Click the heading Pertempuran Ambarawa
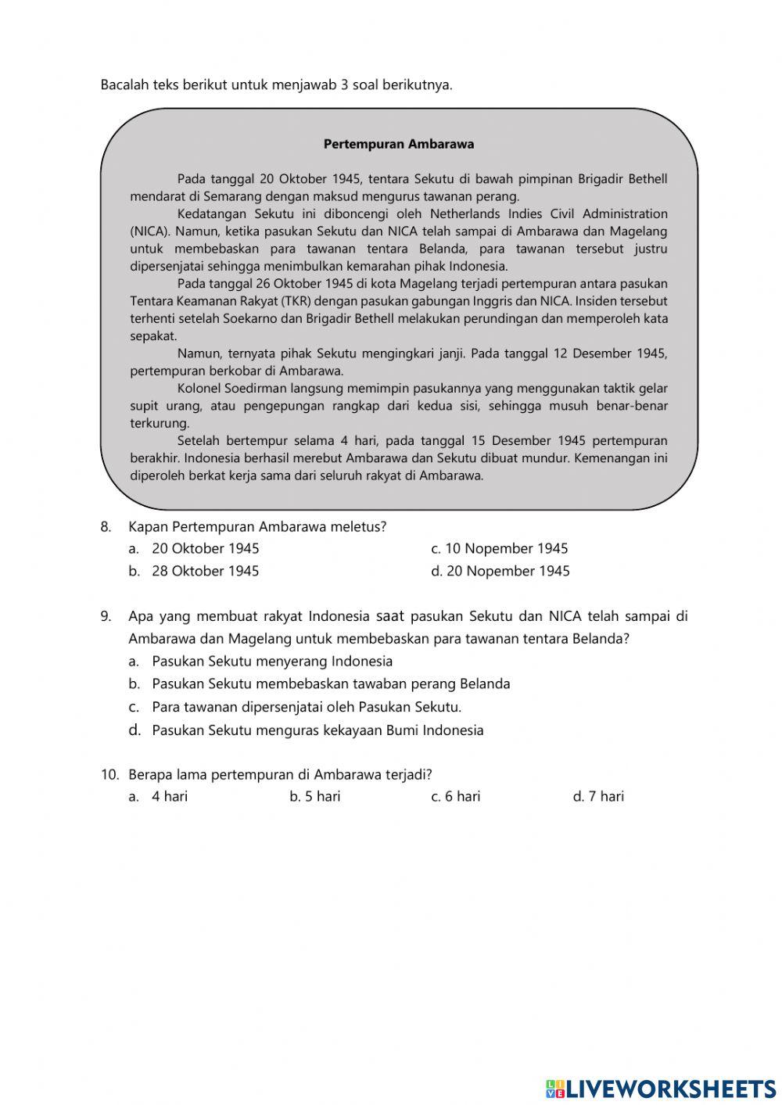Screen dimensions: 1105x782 pyautogui.click(x=398, y=144)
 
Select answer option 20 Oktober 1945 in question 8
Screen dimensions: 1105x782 pyautogui.click(x=205, y=548)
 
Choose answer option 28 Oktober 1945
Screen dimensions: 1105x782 pyautogui.click(x=205, y=571)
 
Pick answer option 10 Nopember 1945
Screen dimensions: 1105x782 pyautogui.click(x=506, y=548)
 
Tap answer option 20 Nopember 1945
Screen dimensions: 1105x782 pyautogui.click(x=508, y=571)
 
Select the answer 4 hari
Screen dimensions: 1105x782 pyautogui.click(x=169, y=796)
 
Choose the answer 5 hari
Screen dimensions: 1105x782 pyautogui.click(x=322, y=796)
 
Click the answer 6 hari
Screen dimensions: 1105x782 pyautogui.click(x=462, y=796)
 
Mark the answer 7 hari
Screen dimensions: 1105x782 pyautogui.click(x=606, y=796)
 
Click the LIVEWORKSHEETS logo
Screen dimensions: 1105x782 pyautogui.click(x=661, y=1088)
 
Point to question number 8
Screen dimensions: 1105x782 pyautogui.click(x=106, y=526)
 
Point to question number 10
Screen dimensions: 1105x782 pyautogui.click(x=109, y=774)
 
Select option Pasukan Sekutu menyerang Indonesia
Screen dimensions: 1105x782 pyautogui.click(x=271, y=661)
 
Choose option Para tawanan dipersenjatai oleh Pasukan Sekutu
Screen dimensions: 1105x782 pyautogui.click(x=306, y=707)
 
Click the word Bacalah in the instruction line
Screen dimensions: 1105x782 pyautogui.click(x=125, y=84)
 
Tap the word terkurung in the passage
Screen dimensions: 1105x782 pyautogui.click(x=160, y=423)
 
